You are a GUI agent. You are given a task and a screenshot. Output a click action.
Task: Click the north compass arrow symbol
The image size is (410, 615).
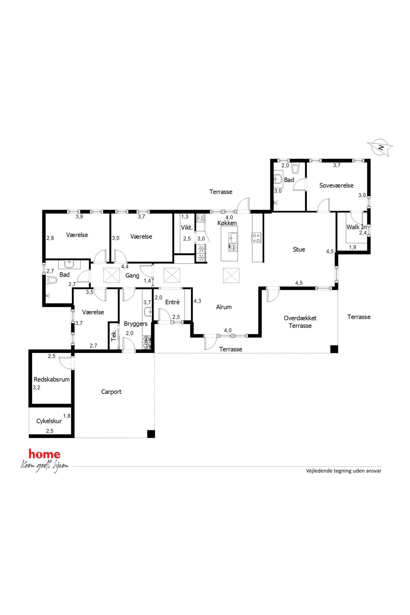[x=380, y=148]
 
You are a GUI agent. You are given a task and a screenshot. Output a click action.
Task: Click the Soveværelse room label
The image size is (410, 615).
[x=336, y=185]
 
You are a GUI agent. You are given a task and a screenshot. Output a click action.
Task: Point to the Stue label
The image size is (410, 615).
[x=299, y=249]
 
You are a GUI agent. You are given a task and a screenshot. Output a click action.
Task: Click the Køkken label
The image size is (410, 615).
[x=227, y=223]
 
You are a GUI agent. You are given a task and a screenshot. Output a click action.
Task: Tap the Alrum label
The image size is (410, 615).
[x=224, y=307]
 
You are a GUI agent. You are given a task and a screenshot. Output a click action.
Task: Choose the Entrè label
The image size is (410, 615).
[x=172, y=302]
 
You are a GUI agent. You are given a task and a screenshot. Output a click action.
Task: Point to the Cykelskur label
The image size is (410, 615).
[x=49, y=421]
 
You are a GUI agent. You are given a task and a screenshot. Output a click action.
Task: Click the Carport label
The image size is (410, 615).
[x=111, y=392]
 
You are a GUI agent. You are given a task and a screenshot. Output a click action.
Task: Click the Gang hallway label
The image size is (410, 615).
[x=132, y=275]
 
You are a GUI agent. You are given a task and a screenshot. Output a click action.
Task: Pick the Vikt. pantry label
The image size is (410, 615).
[x=187, y=228]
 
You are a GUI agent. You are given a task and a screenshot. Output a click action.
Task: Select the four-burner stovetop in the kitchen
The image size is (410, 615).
[x=256, y=238]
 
